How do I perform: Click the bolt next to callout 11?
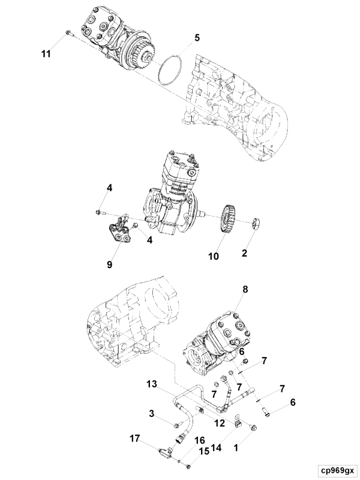69,33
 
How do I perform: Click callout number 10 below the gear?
213,257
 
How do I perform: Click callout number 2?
244,253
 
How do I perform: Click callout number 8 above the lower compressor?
244,290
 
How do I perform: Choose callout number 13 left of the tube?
151,383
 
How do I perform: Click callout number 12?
220,424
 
